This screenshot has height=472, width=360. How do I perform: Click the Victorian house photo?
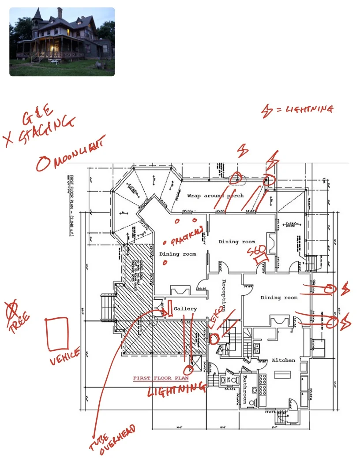(62, 41)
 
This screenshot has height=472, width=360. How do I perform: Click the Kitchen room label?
(283, 360)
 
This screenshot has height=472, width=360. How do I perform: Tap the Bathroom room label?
(244, 389)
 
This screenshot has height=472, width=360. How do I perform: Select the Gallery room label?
(185, 309)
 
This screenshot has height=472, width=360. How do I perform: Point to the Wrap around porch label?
(215, 196)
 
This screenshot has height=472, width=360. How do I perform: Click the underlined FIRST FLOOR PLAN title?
(161, 378)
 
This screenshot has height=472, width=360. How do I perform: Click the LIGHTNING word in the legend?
(309, 109)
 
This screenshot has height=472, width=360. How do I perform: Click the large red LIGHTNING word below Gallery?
(176, 390)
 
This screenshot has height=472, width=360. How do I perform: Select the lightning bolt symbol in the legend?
(267, 112)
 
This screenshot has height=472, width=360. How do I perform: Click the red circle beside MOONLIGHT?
(43, 164)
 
